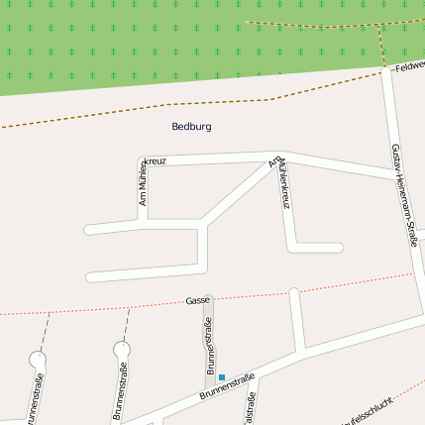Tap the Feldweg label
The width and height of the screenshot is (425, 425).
click(x=408, y=66)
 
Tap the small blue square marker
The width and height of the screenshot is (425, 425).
click(x=222, y=376)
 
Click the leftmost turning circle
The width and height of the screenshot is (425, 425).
click(x=38, y=357)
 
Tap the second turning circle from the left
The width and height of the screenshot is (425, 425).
click(x=122, y=350)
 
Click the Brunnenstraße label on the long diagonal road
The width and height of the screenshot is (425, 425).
click(x=227, y=386)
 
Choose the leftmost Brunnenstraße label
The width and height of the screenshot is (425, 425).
click(x=37, y=401)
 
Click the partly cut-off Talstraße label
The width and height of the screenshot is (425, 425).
click(x=251, y=410)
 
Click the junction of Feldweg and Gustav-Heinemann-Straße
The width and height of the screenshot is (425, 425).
click(x=387, y=70)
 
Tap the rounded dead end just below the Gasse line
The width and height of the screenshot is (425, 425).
click(x=293, y=292)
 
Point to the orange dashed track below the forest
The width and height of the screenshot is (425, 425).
click(x=149, y=108)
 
